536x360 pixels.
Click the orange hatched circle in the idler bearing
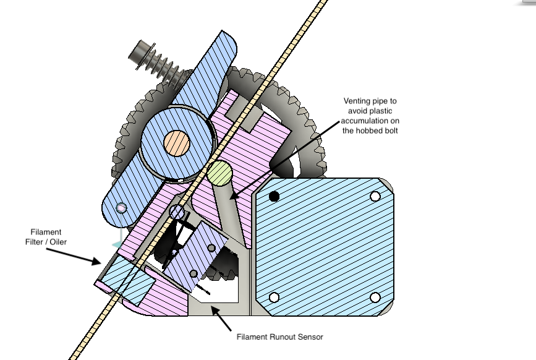(177, 143)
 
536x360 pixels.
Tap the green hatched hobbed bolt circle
(220, 173)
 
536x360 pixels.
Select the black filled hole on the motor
(274, 196)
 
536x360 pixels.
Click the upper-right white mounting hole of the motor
(375, 196)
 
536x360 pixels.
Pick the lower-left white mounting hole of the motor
(274, 298)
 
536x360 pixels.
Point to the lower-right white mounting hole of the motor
(375, 298)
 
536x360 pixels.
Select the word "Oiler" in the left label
(59, 242)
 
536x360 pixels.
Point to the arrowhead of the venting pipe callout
(232, 196)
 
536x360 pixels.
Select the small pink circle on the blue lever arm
(121, 208)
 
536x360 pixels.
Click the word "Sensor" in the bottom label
(310, 337)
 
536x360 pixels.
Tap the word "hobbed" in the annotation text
(370, 131)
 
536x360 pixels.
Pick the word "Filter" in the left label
(35, 242)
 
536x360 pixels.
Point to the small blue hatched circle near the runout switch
(177, 212)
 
